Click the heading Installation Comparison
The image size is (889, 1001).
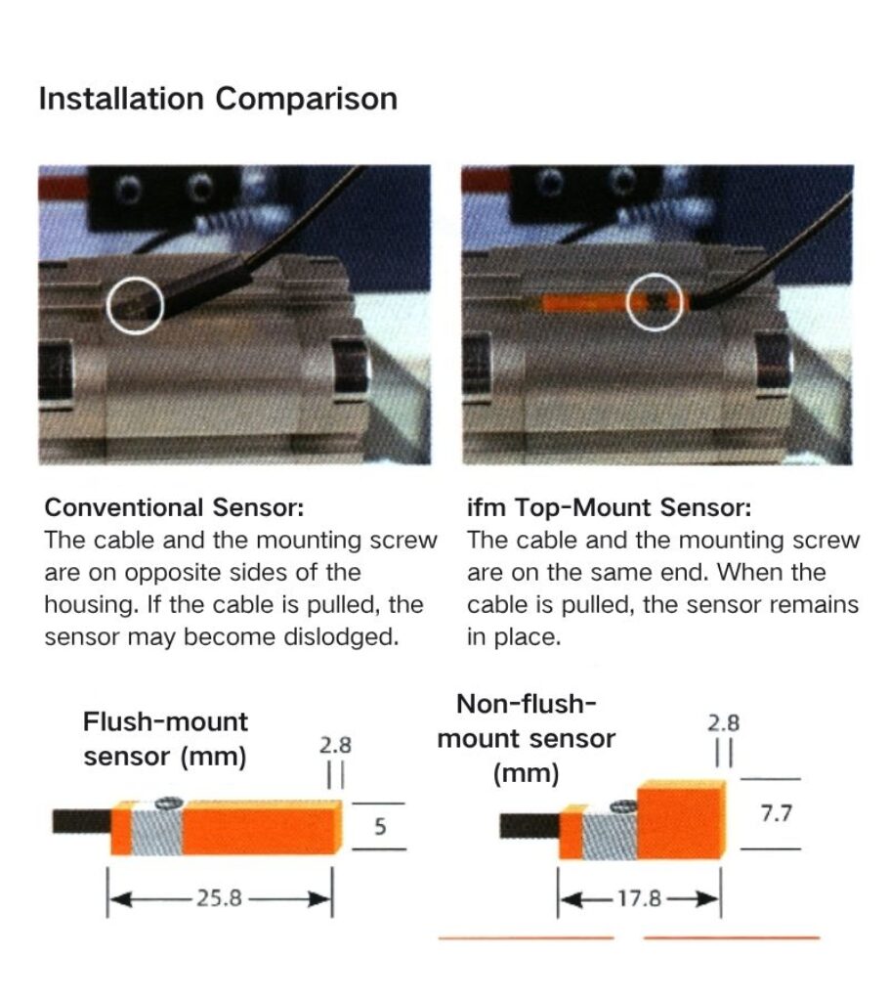click(x=217, y=100)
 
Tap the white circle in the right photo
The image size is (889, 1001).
click(x=655, y=302)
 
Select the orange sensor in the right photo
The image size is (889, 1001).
click(x=586, y=301)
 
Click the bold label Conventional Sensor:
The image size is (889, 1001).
click(x=175, y=508)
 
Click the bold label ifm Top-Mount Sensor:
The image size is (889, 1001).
click(x=609, y=508)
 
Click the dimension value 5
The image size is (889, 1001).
click(x=380, y=827)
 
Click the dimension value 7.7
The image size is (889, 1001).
click(x=775, y=813)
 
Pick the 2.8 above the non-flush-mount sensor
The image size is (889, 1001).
click(x=723, y=723)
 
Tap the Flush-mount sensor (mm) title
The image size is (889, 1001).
click(x=165, y=739)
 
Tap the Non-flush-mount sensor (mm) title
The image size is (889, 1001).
click(x=527, y=739)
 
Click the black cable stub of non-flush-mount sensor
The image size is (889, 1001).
click(x=529, y=827)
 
